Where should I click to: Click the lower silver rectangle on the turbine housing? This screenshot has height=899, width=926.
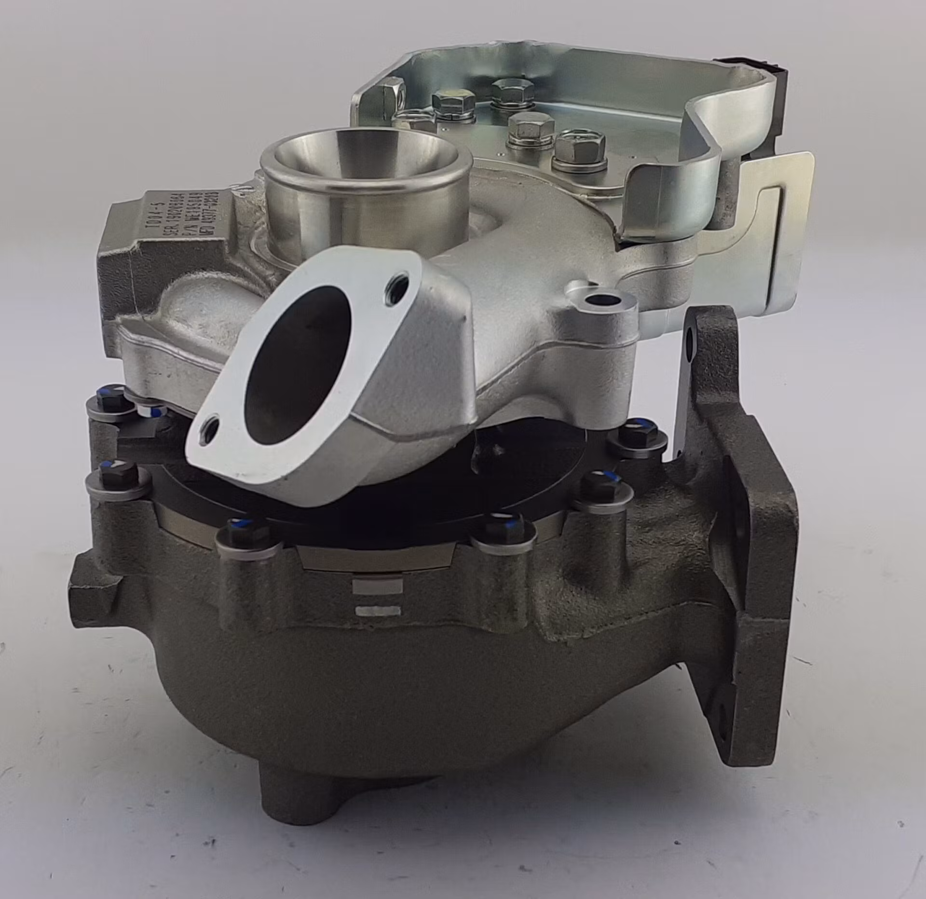pyautogui.click(x=377, y=611)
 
